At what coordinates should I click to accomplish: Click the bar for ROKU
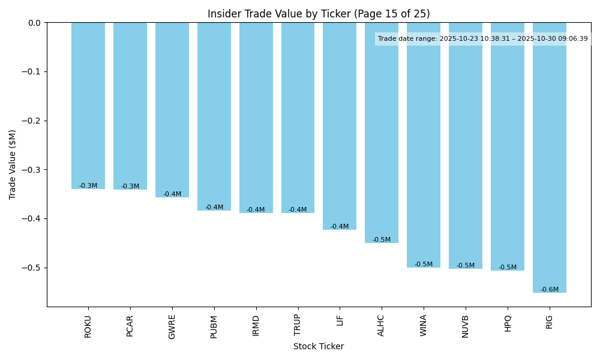88,106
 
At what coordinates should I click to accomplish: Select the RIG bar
550,157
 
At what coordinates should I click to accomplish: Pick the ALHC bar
382,133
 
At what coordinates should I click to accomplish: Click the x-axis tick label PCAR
130,326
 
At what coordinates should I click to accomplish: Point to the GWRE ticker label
172,326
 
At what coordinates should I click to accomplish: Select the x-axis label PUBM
214,326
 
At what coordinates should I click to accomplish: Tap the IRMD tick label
256,325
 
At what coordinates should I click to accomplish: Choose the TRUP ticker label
298,325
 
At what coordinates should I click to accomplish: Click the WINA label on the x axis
424,326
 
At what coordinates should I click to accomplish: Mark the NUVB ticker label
466,326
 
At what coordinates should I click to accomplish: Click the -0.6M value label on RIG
550,290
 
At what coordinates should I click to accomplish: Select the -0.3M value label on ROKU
88,186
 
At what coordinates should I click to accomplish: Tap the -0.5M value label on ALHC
382,240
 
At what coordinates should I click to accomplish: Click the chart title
319,14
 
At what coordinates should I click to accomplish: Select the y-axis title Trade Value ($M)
13,164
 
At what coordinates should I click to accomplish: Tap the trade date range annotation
483,39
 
